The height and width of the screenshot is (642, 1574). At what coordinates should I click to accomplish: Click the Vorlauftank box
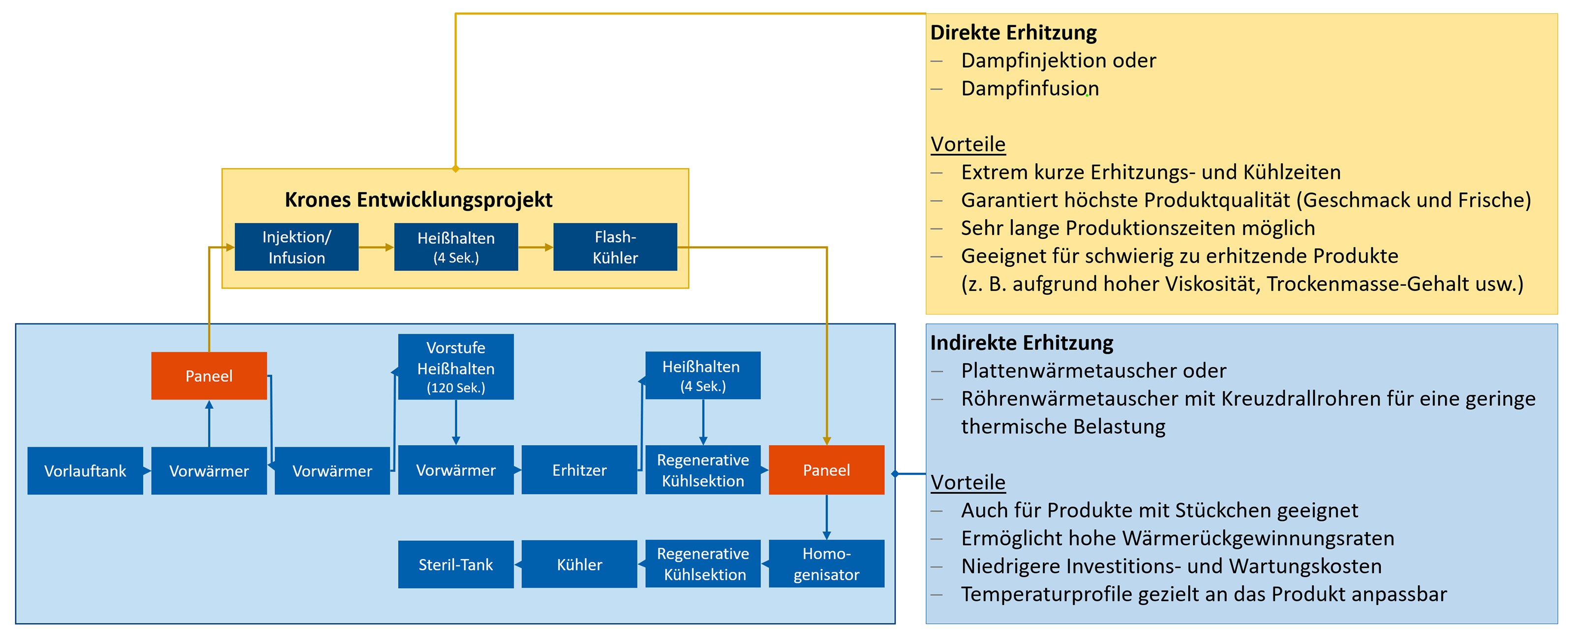pos(85,470)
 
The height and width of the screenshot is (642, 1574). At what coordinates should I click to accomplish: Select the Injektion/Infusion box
pos(296,247)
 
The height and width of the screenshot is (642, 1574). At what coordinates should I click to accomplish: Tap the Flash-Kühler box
pos(615,247)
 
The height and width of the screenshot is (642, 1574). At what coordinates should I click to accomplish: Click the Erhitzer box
pos(579,470)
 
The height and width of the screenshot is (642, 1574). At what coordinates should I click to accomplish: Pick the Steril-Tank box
pos(456,564)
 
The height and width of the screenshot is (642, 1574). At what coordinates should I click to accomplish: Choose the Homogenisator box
pos(826,564)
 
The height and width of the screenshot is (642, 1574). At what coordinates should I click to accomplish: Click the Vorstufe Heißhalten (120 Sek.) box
pos(456,367)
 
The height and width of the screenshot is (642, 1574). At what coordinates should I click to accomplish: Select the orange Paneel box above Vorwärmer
pos(209,376)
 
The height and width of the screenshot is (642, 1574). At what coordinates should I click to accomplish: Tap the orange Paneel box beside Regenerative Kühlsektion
pos(826,470)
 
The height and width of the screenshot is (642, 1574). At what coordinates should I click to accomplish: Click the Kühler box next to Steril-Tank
pos(579,564)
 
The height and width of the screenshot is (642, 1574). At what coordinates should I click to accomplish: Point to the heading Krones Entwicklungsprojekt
pos(419,200)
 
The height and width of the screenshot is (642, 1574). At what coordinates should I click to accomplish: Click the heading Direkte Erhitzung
pos(1014,32)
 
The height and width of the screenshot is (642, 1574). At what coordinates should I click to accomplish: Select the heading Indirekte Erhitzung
pos(1022,343)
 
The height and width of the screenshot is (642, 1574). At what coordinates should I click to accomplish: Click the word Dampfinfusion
pos(1030,88)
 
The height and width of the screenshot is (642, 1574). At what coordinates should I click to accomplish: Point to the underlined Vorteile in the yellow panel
pos(968,144)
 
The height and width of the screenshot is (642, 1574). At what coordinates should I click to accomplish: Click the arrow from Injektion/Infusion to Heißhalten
pos(376,247)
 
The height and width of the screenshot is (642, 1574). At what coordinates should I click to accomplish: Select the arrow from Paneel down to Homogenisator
pos(827,517)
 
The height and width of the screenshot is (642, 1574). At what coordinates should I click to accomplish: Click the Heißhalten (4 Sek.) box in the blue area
pos(703,375)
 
